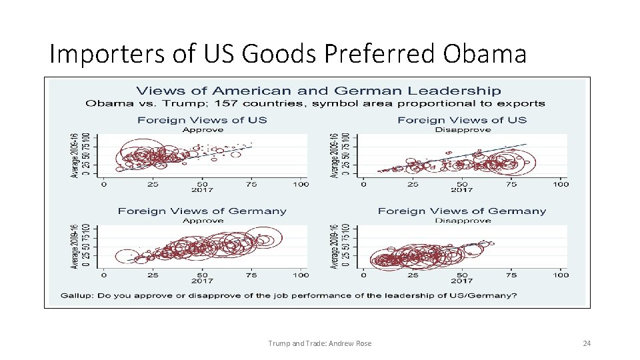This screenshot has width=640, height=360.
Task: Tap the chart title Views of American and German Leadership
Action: [319, 91]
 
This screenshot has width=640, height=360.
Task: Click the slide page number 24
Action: [587, 343]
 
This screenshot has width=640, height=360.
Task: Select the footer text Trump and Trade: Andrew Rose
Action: [319, 343]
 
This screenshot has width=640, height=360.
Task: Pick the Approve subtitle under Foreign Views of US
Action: [202, 129]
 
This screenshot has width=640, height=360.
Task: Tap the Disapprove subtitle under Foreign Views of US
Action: [462, 129]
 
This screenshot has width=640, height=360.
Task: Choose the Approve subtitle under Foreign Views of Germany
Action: [202, 220]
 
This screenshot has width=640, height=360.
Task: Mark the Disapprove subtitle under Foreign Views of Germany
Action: [462, 220]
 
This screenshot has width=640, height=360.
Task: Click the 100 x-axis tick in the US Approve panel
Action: [301, 184]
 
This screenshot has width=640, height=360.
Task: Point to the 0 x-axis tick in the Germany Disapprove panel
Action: [363, 275]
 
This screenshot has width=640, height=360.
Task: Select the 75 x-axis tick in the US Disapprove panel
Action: [511, 184]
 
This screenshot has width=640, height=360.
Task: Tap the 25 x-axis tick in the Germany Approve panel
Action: [153, 275]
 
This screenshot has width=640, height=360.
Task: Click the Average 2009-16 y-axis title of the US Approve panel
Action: [75, 155]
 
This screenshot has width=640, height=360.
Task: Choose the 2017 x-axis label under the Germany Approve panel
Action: [202, 281]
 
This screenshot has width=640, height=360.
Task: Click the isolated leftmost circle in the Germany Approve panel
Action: [126, 256]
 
